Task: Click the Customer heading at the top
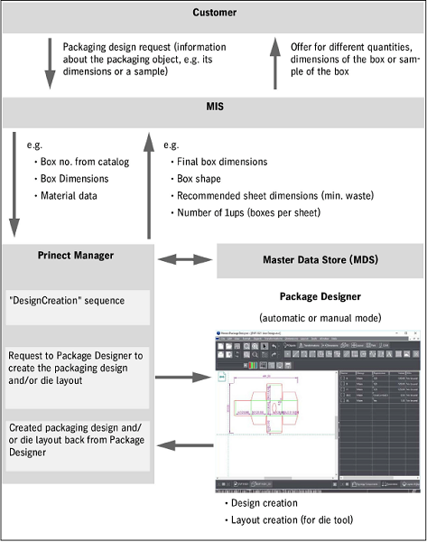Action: point(213,13)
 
